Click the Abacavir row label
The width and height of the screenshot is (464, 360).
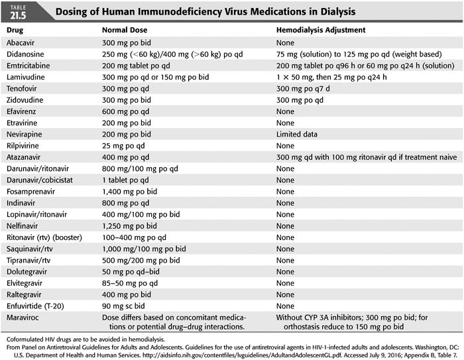point(24,42)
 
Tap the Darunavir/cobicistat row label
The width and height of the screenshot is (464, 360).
point(40,180)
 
